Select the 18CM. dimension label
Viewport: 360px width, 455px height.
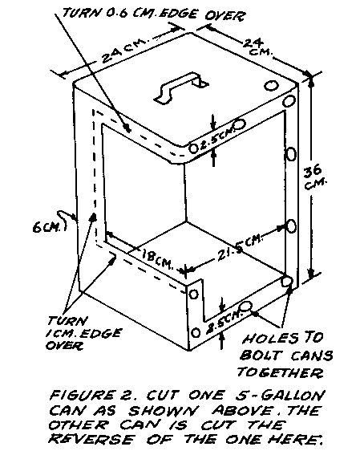click(157, 259)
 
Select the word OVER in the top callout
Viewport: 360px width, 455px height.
click(224, 16)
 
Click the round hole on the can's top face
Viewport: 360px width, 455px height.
click(272, 86)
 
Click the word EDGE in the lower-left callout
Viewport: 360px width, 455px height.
click(100, 333)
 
